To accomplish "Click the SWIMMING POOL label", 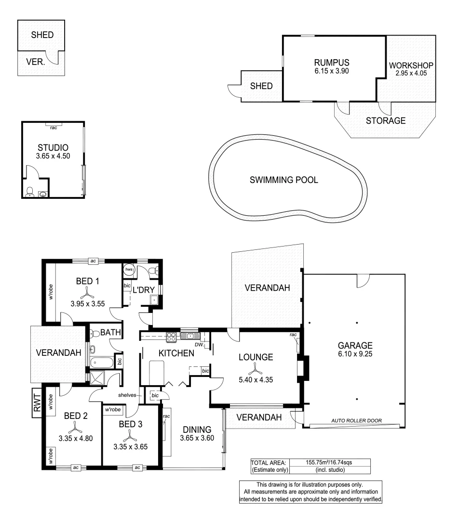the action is click(x=284, y=180).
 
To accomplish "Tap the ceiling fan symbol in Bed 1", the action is click(x=87, y=292).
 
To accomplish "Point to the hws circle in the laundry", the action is click(x=129, y=270).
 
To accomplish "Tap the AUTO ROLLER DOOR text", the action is click(x=356, y=420).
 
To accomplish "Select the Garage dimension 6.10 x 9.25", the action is click(x=355, y=354).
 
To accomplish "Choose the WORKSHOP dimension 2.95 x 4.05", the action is click(x=411, y=74).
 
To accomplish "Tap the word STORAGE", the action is click(x=385, y=121).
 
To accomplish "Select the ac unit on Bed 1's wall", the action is click(x=94, y=260).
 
